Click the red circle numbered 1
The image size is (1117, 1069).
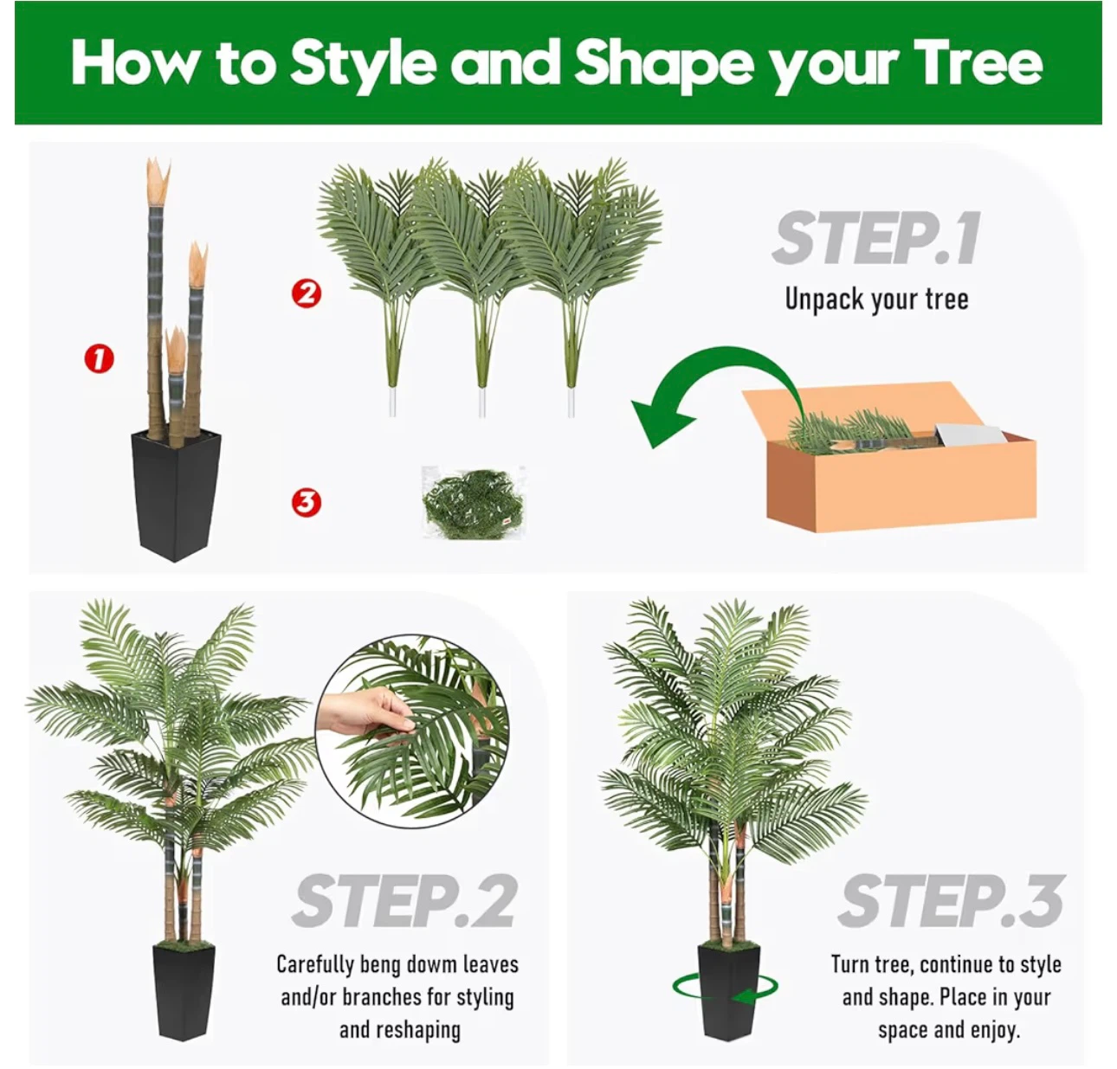coord(100,358)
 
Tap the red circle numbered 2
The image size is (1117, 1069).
coord(307,293)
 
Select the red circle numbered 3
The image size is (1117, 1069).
coord(307,502)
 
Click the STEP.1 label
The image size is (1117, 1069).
coord(876,238)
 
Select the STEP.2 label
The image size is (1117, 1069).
coord(405,901)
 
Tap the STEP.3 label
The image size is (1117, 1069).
coord(951,901)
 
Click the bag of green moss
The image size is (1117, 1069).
coord(474,503)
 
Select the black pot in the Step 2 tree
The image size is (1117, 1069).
coord(184,992)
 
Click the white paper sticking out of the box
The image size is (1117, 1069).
coord(969,433)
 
